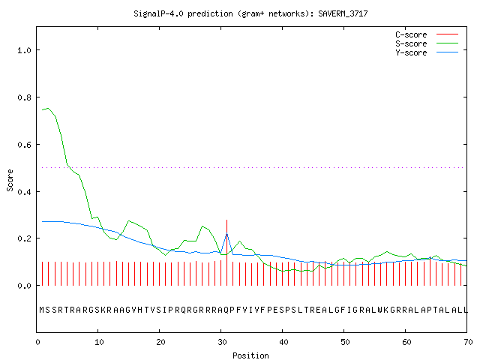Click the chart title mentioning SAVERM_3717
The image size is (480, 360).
[x=250, y=13]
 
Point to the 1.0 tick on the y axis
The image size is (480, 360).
[x=24, y=50]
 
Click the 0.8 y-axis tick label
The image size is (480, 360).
[x=24, y=97]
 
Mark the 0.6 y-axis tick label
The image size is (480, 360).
[x=24, y=145]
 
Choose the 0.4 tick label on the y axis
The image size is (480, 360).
[x=24, y=192]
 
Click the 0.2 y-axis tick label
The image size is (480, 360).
[x=24, y=238]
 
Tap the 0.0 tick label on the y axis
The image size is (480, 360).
[x=24, y=286]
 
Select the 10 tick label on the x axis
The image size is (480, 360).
[x=99, y=342]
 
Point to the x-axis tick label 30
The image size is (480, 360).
[x=222, y=342]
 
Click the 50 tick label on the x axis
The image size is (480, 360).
[x=345, y=342]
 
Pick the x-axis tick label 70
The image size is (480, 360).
[x=468, y=342]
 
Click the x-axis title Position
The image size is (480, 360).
[x=250, y=355]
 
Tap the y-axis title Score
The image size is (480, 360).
[x=10, y=181]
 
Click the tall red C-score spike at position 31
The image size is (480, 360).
[x=226, y=253]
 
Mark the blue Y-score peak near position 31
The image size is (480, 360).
[x=226, y=234]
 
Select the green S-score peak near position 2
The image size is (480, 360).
[x=48, y=108]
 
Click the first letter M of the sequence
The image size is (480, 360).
[x=42, y=310]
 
